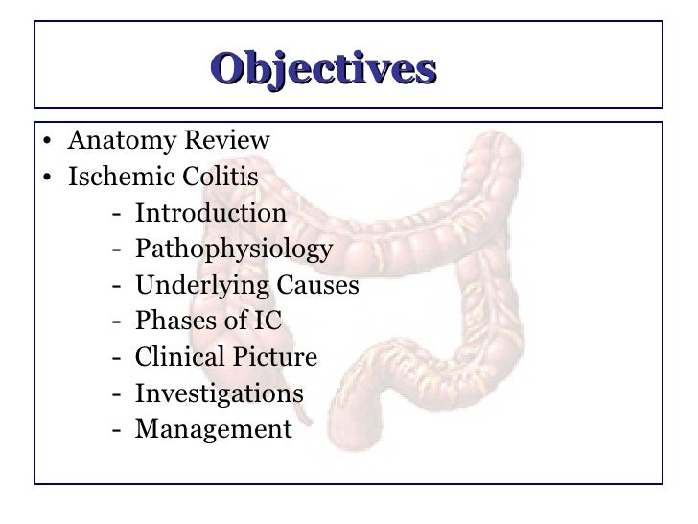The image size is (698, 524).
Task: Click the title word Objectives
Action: [323, 69]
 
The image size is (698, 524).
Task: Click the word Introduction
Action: [211, 214]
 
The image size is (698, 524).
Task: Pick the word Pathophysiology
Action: [234, 250]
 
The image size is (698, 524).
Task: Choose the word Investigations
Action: [220, 394]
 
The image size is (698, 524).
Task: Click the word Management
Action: [212, 430]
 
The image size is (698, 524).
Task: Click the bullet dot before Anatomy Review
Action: [47, 145]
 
